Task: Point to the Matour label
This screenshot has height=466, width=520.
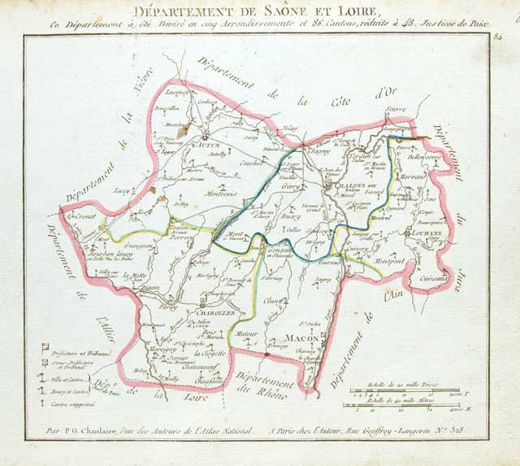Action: (x=241, y=333)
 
